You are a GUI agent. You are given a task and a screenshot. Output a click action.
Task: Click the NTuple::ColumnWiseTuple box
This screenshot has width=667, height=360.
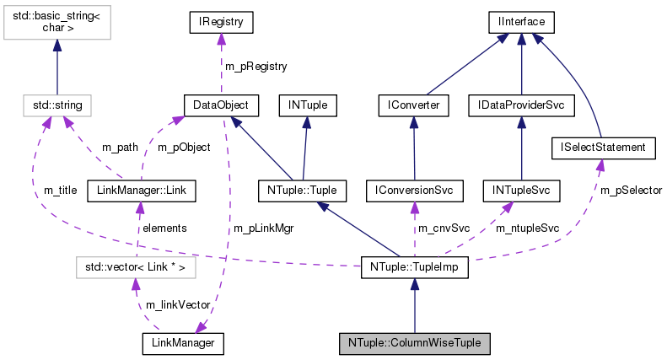click(x=414, y=343)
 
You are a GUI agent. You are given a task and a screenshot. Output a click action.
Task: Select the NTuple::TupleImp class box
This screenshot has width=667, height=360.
click(x=414, y=268)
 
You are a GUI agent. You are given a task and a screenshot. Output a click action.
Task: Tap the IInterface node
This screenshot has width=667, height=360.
click(x=522, y=19)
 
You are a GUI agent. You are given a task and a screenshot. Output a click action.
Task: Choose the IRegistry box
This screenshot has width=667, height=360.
click(x=221, y=19)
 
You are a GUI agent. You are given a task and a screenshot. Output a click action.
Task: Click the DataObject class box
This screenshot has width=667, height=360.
click(x=221, y=105)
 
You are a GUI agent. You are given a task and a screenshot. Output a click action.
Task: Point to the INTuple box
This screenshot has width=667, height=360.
click(x=313, y=105)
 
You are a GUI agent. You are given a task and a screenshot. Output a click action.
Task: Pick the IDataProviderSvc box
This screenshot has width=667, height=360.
click(x=521, y=105)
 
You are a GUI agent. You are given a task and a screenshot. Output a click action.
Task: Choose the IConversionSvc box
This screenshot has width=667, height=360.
click(x=414, y=191)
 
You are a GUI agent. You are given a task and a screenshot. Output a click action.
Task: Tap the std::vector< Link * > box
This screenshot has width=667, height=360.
click(x=129, y=268)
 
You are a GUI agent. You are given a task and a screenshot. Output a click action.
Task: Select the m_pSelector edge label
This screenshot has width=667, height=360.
click(x=631, y=191)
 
